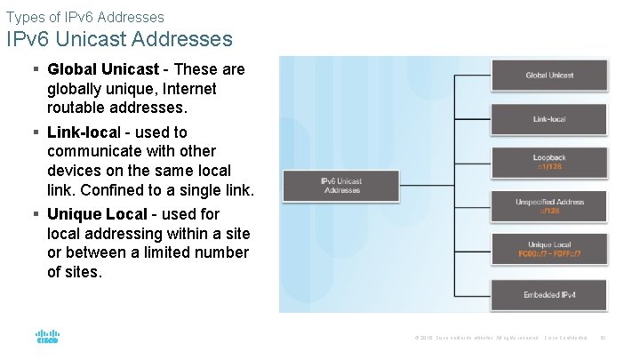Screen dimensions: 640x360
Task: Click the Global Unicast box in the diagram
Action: pos(549,76)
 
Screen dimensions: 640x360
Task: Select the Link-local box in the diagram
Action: pos(549,118)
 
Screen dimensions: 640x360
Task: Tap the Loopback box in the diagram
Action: pos(549,162)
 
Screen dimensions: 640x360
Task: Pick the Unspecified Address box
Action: pos(549,206)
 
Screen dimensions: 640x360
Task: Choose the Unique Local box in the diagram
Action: pos(549,250)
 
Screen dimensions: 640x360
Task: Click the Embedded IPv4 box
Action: pos(549,293)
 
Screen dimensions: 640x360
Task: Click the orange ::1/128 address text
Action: pos(549,166)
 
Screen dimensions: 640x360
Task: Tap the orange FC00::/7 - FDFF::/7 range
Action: pos(549,254)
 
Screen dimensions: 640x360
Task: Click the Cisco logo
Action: pos(47,337)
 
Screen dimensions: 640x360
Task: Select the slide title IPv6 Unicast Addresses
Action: pos(119,39)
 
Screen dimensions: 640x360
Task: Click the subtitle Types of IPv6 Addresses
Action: pos(84,16)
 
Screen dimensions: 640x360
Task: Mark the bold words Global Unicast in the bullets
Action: pos(103,69)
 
